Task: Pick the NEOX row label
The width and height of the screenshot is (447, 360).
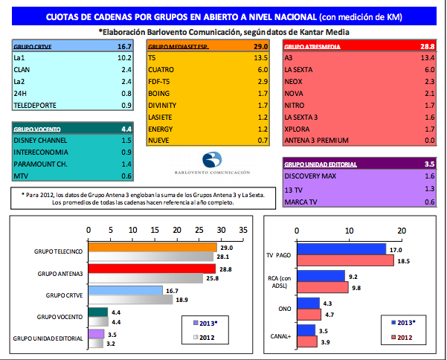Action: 295,80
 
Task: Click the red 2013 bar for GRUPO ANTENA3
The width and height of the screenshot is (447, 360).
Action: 151,269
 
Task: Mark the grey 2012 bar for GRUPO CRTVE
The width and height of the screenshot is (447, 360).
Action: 129,299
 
